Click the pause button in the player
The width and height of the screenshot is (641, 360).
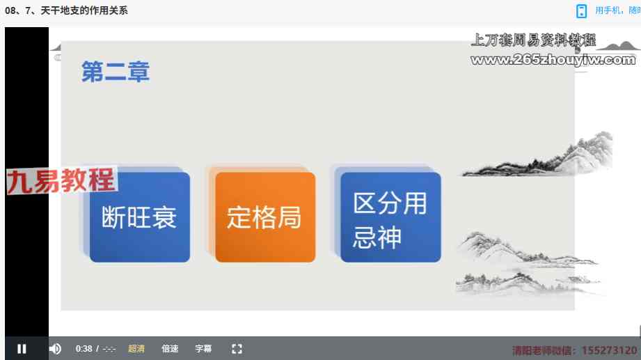coord(22,349)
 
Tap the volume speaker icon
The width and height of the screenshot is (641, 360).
coord(55,349)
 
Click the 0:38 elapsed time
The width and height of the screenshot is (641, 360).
coord(84,349)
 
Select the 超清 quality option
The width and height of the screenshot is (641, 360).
coord(136,349)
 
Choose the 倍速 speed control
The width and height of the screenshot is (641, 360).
coord(170,349)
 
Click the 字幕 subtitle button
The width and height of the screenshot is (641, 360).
coord(203,349)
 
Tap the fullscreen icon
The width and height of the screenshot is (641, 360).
coord(237,349)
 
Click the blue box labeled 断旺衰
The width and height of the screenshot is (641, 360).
coord(140,217)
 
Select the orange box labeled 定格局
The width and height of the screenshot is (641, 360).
coord(265,217)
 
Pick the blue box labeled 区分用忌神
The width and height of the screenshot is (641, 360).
coord(390,217)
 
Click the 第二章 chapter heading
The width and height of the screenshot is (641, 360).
coord(116,72)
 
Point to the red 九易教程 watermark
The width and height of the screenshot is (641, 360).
coord(61,180)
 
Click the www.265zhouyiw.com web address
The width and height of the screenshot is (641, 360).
coord(553,60)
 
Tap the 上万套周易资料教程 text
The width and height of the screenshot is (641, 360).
coord(533,40)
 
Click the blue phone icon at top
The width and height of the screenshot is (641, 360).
coord(581,11)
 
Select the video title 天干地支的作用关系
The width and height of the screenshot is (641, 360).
coord(84,10)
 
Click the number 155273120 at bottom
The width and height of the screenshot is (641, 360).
coord(610,350)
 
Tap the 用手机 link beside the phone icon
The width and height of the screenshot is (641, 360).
coord(608,10)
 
